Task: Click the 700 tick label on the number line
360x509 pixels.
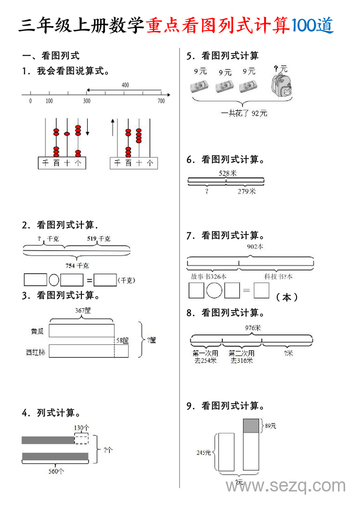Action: (x=161, y=101)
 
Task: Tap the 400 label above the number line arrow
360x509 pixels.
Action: (x=125, y=85)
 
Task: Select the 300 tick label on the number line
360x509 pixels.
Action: (x=86, y=101)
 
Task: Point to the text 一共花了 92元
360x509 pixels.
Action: (x=244, y=113)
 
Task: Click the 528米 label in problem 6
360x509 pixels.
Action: (x=227, y=173)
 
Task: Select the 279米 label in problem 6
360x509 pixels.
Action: (x=247, y=191)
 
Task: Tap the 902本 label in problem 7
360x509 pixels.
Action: (x=255, y=247)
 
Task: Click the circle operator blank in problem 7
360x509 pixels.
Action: (x=214, y=290)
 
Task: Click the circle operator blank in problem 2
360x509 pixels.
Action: (x=54, y=280)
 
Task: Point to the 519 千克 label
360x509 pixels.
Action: (x=99, y=239)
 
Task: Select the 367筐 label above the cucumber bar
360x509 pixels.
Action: (x=83, y=311)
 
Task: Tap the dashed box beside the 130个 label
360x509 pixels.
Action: (x=81, y=439)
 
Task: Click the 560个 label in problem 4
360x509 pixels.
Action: (x=56, y=471)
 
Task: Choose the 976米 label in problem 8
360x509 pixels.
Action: (x=252, y=328)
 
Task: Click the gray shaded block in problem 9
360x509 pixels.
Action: (x=251, y=426)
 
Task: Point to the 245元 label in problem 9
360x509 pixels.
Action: (x=203, y=453)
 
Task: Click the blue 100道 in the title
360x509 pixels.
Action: (x=313, y=26)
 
